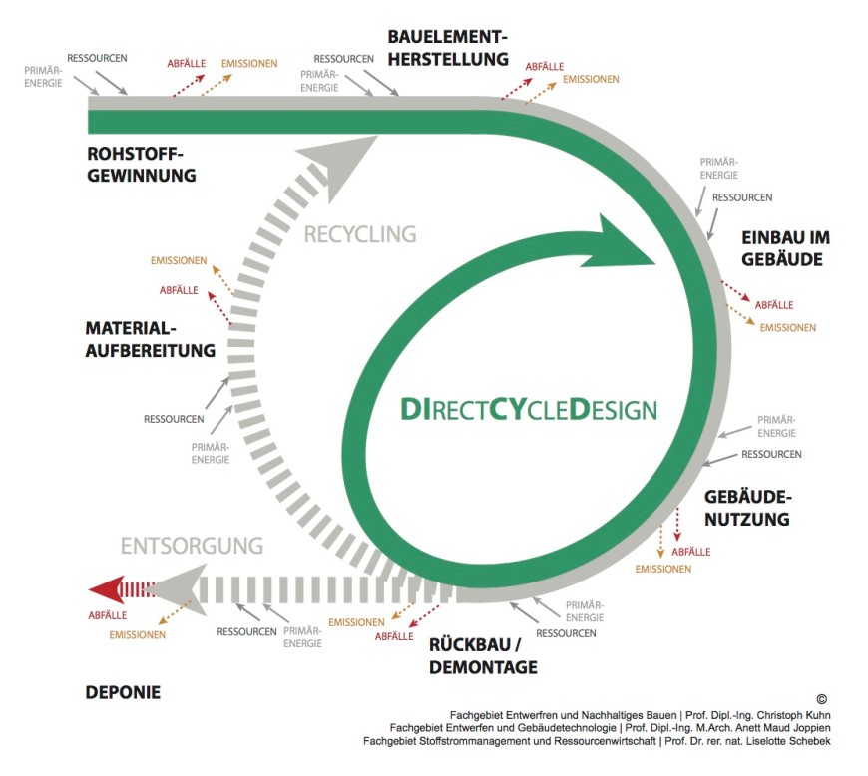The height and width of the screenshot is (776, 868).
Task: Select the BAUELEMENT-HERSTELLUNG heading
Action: pos(448,48)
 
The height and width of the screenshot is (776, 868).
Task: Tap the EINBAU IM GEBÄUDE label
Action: pos(785,248)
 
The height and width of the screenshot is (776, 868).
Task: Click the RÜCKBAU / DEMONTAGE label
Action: pos(483,655)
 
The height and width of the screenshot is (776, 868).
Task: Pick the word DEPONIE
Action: pos(123,692)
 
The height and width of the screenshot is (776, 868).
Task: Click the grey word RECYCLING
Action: pos(359,235)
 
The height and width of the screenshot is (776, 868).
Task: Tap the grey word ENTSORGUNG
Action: pos(192,546)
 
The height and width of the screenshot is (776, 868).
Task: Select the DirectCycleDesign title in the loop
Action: pos(529,409)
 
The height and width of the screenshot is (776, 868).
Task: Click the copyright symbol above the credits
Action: pos(821,700)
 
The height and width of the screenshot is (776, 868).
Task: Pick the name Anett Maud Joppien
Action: pos(771,728)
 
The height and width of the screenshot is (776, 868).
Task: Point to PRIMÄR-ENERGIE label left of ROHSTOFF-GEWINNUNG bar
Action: pos(44,77)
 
